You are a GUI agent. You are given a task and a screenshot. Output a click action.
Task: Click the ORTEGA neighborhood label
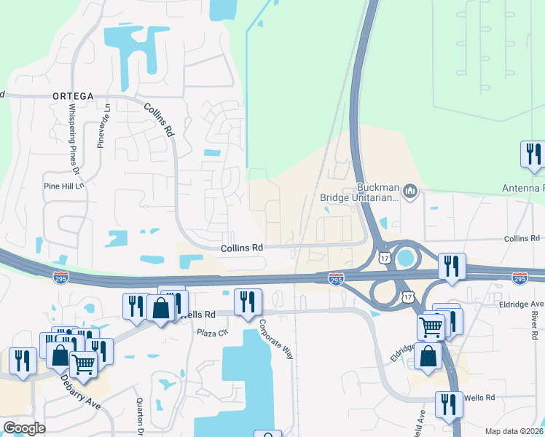point(74,95)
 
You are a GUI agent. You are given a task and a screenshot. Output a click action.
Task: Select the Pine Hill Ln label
point(64,186)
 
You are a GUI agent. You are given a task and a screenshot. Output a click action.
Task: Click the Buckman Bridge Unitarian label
point(360,192)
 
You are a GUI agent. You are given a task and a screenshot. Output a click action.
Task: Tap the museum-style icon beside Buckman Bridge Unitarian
point(410,192)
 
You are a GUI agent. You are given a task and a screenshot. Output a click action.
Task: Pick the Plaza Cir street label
point(213,332)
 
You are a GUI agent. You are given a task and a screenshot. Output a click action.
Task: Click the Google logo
point(23,428)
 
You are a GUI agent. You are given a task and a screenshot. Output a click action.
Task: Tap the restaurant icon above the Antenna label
point(533,154)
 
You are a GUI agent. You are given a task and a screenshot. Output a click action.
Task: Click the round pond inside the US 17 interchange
point(404,258)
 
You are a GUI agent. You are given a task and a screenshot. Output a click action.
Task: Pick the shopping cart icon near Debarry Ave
point(83,363)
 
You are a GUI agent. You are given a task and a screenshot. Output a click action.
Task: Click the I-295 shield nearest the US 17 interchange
point(335,279)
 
